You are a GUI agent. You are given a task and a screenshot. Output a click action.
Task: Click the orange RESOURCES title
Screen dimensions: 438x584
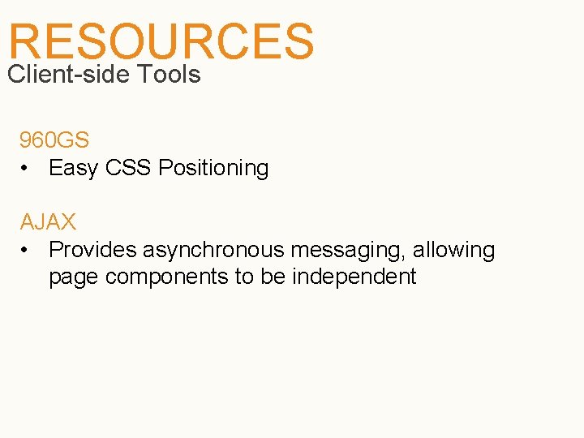pos(161,41)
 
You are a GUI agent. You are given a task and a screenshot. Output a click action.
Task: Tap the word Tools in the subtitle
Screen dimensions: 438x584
pos(169,75)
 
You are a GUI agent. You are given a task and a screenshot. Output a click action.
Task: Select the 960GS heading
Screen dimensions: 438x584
pos(54,140)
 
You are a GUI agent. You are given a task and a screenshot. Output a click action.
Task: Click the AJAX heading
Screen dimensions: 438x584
pos(48,221)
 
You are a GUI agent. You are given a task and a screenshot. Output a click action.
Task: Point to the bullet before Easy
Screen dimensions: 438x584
pos(26,169)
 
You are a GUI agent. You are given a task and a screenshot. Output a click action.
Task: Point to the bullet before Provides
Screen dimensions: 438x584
pos(26,250)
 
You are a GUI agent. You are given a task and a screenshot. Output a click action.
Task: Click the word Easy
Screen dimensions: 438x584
pos(73,169)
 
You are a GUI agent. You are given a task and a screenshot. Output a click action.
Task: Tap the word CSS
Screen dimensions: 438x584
pos(127,169)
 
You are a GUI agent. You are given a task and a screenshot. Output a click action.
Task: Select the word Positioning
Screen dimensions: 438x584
pos(213,169)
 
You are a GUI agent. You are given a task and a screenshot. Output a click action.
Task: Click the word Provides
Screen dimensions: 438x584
pos(92,250)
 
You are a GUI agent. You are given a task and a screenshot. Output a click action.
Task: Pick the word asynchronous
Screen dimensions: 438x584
pos(214,250)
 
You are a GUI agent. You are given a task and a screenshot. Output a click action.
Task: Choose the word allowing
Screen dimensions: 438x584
pos(453,250)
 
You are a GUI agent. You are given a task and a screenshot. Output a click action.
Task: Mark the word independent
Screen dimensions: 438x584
pos(354,277)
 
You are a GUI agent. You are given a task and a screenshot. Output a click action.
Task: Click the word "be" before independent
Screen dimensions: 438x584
pos(273,277)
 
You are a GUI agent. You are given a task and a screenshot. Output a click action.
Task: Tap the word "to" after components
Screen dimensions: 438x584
pos(244,277)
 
